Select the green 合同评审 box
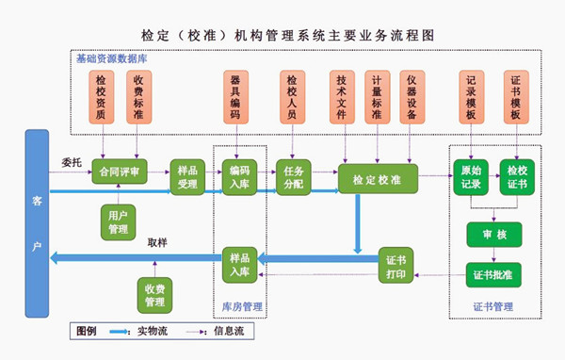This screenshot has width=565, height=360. point(121,172)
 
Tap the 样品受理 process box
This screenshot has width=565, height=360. point(187,176)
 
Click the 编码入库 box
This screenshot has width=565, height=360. point(239,176)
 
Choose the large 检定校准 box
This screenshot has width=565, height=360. point(378,178)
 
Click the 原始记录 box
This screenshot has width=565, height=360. point(471,176)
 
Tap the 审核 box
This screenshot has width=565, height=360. point(493,234)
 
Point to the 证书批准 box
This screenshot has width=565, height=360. point(493,275)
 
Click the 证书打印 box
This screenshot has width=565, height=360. point(396,267)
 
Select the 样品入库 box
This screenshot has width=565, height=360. point(239,266)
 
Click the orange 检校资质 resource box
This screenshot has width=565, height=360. point(101,97)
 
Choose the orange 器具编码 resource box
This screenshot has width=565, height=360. point(235,97)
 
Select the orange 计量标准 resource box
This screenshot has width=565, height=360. point(377,97)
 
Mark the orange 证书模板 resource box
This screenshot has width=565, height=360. point(515,97)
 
